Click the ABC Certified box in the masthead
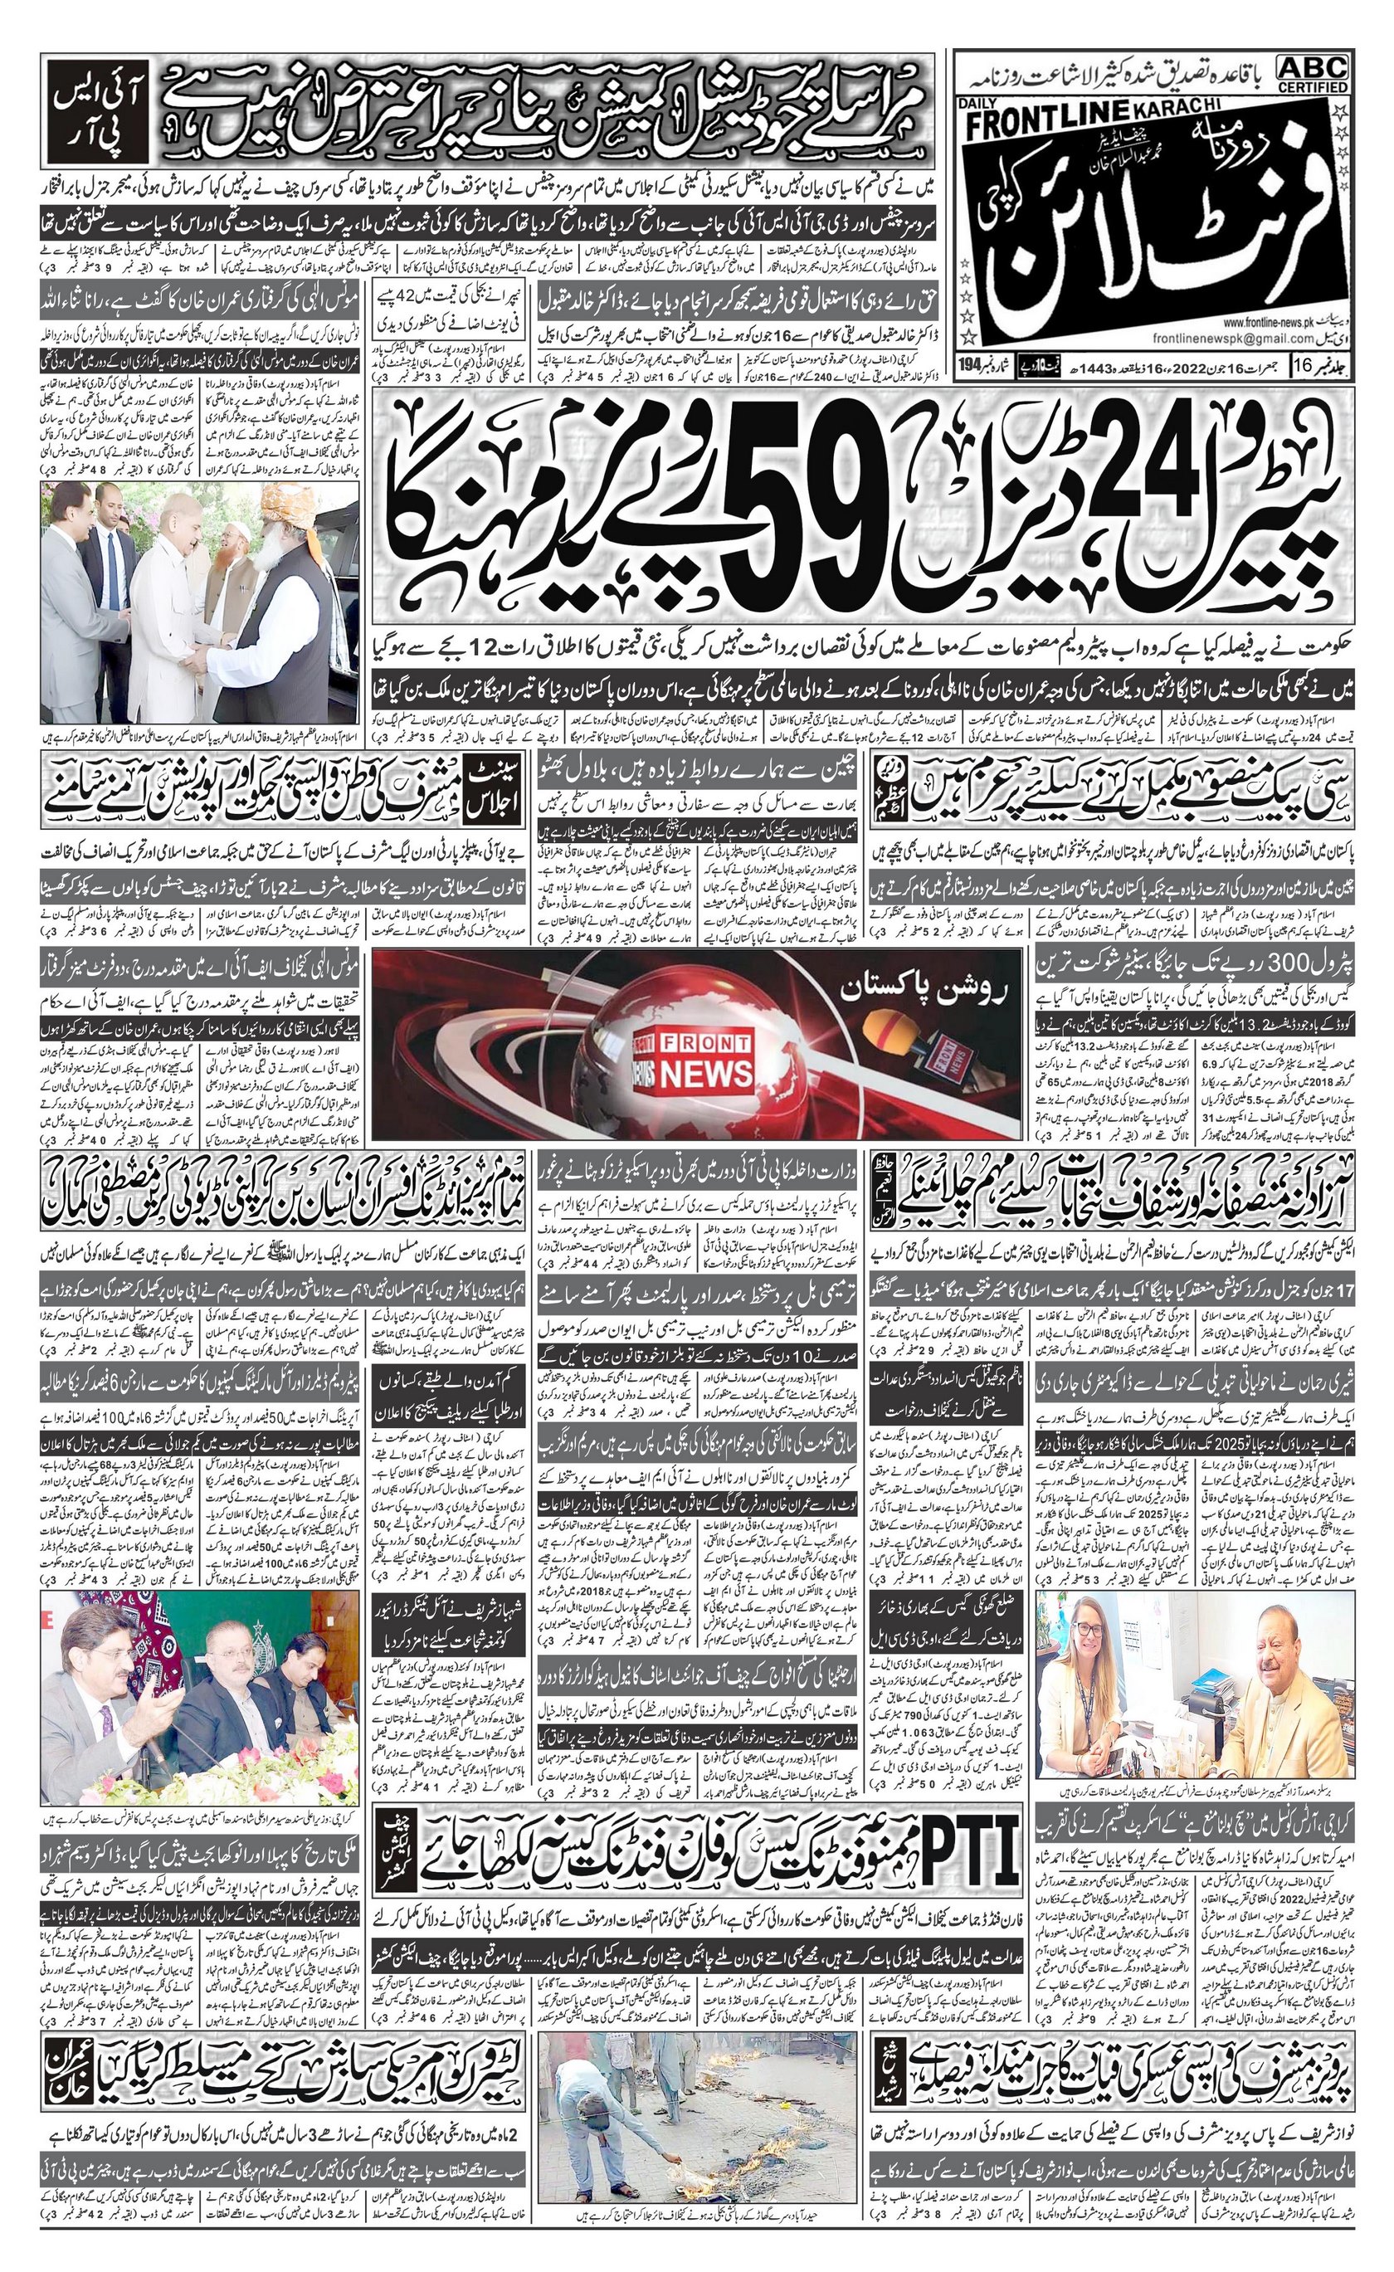(x=1312, y=74)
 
